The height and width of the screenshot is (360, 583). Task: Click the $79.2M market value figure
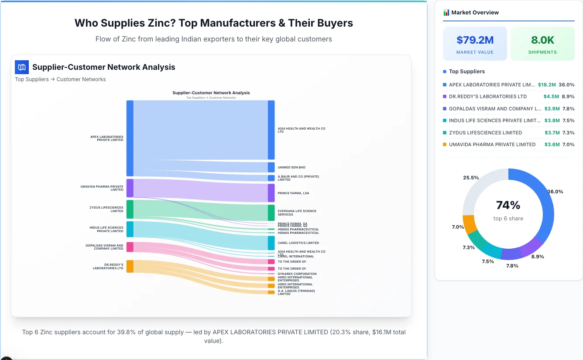click(475, 40)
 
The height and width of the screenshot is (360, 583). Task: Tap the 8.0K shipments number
click(542, 40)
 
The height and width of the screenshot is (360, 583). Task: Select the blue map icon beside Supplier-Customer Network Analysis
click(22, 67)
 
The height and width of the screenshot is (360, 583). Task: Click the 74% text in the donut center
click(508, 205)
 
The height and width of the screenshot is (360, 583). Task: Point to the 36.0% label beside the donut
click(555, 192)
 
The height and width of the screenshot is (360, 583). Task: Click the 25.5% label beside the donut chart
click(471, 178)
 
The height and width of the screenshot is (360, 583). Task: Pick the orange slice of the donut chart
click(470, 224)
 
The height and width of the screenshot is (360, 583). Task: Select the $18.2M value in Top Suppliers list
click(547, 85)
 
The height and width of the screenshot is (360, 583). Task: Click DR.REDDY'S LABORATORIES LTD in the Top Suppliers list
click(487, 96)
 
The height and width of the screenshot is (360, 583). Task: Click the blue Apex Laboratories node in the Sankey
click(130, 138)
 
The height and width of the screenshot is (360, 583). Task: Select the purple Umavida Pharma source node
click(130, 188)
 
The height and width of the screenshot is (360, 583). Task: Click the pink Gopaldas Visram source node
click(130, 247)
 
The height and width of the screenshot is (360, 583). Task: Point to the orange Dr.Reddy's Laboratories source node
click(130, 266)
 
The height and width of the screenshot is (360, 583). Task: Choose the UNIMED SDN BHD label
click(291, 168)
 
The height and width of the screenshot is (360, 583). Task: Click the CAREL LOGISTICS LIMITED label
click(298, 243)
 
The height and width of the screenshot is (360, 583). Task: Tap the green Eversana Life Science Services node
click(271, 213)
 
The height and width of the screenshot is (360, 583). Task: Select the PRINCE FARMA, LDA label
click(293, 193)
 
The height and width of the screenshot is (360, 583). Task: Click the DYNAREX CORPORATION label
click(297, 274)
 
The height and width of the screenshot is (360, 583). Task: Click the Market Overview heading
click(475, 13)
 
